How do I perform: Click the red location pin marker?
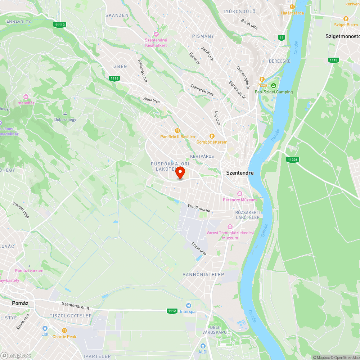pyautogui.click(x=180, y=173)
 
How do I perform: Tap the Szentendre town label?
pyautogui.click(x=240, y=173)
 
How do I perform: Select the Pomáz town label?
pyautogui.click(x=20, y=303)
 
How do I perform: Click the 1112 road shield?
pyautogui.click(x=172, y=311)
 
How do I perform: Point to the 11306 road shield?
pyautogui.click(x=293, y=159)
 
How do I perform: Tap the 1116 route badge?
pyautogui.click(x=114, y=78)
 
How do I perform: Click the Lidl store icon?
pyautogui.click(x=45, y=328)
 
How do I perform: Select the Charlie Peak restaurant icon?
pyautogui.click(x=64, y=330)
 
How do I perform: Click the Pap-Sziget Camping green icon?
pyautogui.click(x=274, y=86)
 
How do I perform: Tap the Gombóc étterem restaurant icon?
pyautogui.click(x=212, y=136)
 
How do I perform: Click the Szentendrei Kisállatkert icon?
pyautogui.click(x=156, y=34)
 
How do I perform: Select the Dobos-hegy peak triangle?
pyautogui.click(x=65, y=113)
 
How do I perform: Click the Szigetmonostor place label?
pyautogui.click(x=342, y=36)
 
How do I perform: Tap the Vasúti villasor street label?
pyautogui.click(x=199, y=208)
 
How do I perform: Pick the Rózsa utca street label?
pyautogui.click(x=199, y=249)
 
